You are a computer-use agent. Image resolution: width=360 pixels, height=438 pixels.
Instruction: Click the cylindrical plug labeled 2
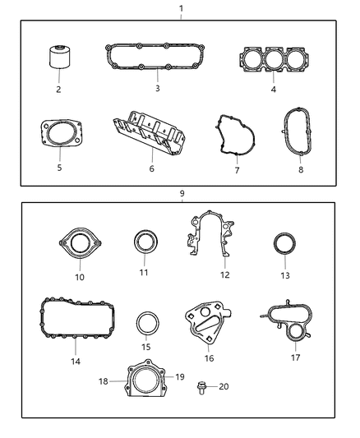[59, 59]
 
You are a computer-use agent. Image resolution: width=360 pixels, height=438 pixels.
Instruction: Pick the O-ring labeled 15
[146, 322]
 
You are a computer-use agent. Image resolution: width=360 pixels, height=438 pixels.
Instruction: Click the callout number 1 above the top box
[181, 7]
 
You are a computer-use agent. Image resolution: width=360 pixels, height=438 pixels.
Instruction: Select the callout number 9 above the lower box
[181, 193]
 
